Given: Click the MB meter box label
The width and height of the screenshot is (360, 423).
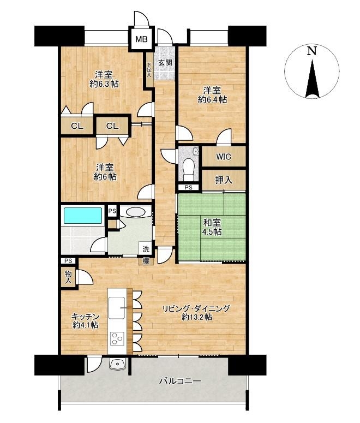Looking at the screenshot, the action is click(141, 39).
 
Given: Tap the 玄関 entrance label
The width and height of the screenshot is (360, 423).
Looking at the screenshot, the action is click(165, 63).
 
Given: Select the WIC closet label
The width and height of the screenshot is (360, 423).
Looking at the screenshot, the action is click(224, 157).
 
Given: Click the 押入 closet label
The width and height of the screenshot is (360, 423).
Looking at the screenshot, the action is click(224, 180).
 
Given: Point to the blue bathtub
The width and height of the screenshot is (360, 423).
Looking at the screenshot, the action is click(83, 215).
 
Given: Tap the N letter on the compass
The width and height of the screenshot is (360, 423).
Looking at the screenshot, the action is click(312, 51).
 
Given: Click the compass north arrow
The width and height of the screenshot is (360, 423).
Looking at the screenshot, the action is click(312, 79).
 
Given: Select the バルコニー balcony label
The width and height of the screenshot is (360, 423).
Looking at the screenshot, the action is click(180, 381).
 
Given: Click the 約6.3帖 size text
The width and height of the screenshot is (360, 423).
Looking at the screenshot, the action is click(104, 84).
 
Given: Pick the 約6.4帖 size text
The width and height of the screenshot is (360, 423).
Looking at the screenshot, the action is click(212, 99).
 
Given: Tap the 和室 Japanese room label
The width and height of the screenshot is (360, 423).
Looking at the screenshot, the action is click(212, 223).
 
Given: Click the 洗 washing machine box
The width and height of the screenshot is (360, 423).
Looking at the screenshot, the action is click(146, 249).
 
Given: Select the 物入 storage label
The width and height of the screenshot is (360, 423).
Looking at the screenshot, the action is click(68, 277).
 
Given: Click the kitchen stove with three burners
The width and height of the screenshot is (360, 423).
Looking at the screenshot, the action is click(117, 338).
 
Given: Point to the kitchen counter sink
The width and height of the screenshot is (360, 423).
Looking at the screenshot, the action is click(117, 307).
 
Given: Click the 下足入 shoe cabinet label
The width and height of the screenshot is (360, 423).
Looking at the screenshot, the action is click(149, 70).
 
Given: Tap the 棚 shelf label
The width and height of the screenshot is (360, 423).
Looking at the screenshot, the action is click(146, 261).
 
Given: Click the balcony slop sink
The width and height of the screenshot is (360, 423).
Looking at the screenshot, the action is click(118, 365).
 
